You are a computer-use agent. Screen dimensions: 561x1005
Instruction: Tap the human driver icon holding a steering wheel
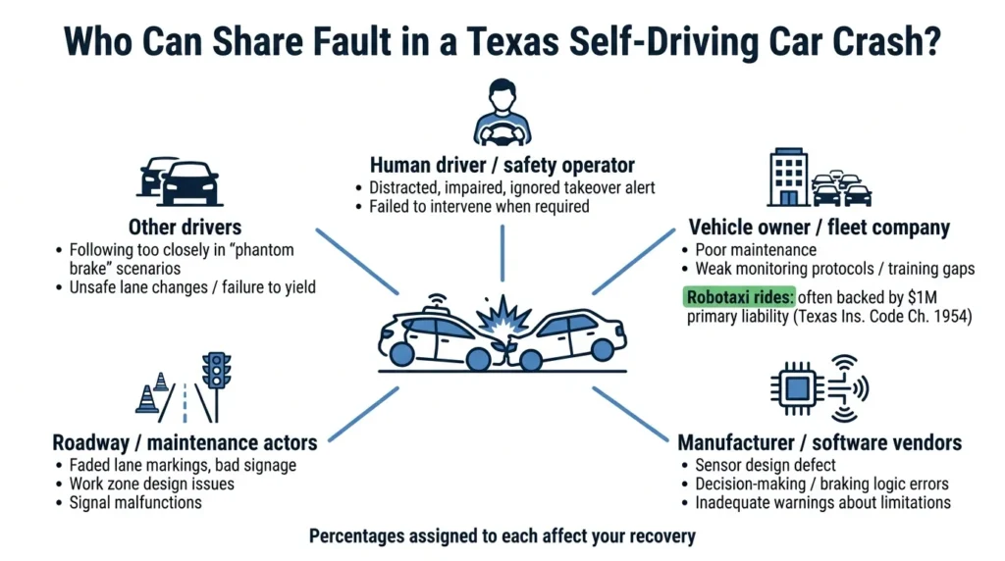502,116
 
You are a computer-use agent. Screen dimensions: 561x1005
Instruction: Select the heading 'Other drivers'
185,228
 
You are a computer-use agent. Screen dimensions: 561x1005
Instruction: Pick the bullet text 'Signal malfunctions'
135,502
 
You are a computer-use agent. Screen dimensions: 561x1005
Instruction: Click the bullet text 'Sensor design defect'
765,464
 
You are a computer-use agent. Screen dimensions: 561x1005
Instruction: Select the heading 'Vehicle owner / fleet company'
819,228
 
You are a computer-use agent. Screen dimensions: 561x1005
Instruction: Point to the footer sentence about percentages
502,536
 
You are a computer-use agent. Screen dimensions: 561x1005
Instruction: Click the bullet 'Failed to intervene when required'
479,206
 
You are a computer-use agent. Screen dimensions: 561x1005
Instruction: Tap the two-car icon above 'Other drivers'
178,179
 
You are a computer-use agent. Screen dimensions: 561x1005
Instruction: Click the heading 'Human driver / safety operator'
502,164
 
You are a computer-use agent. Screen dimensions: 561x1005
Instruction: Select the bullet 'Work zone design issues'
152,484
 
